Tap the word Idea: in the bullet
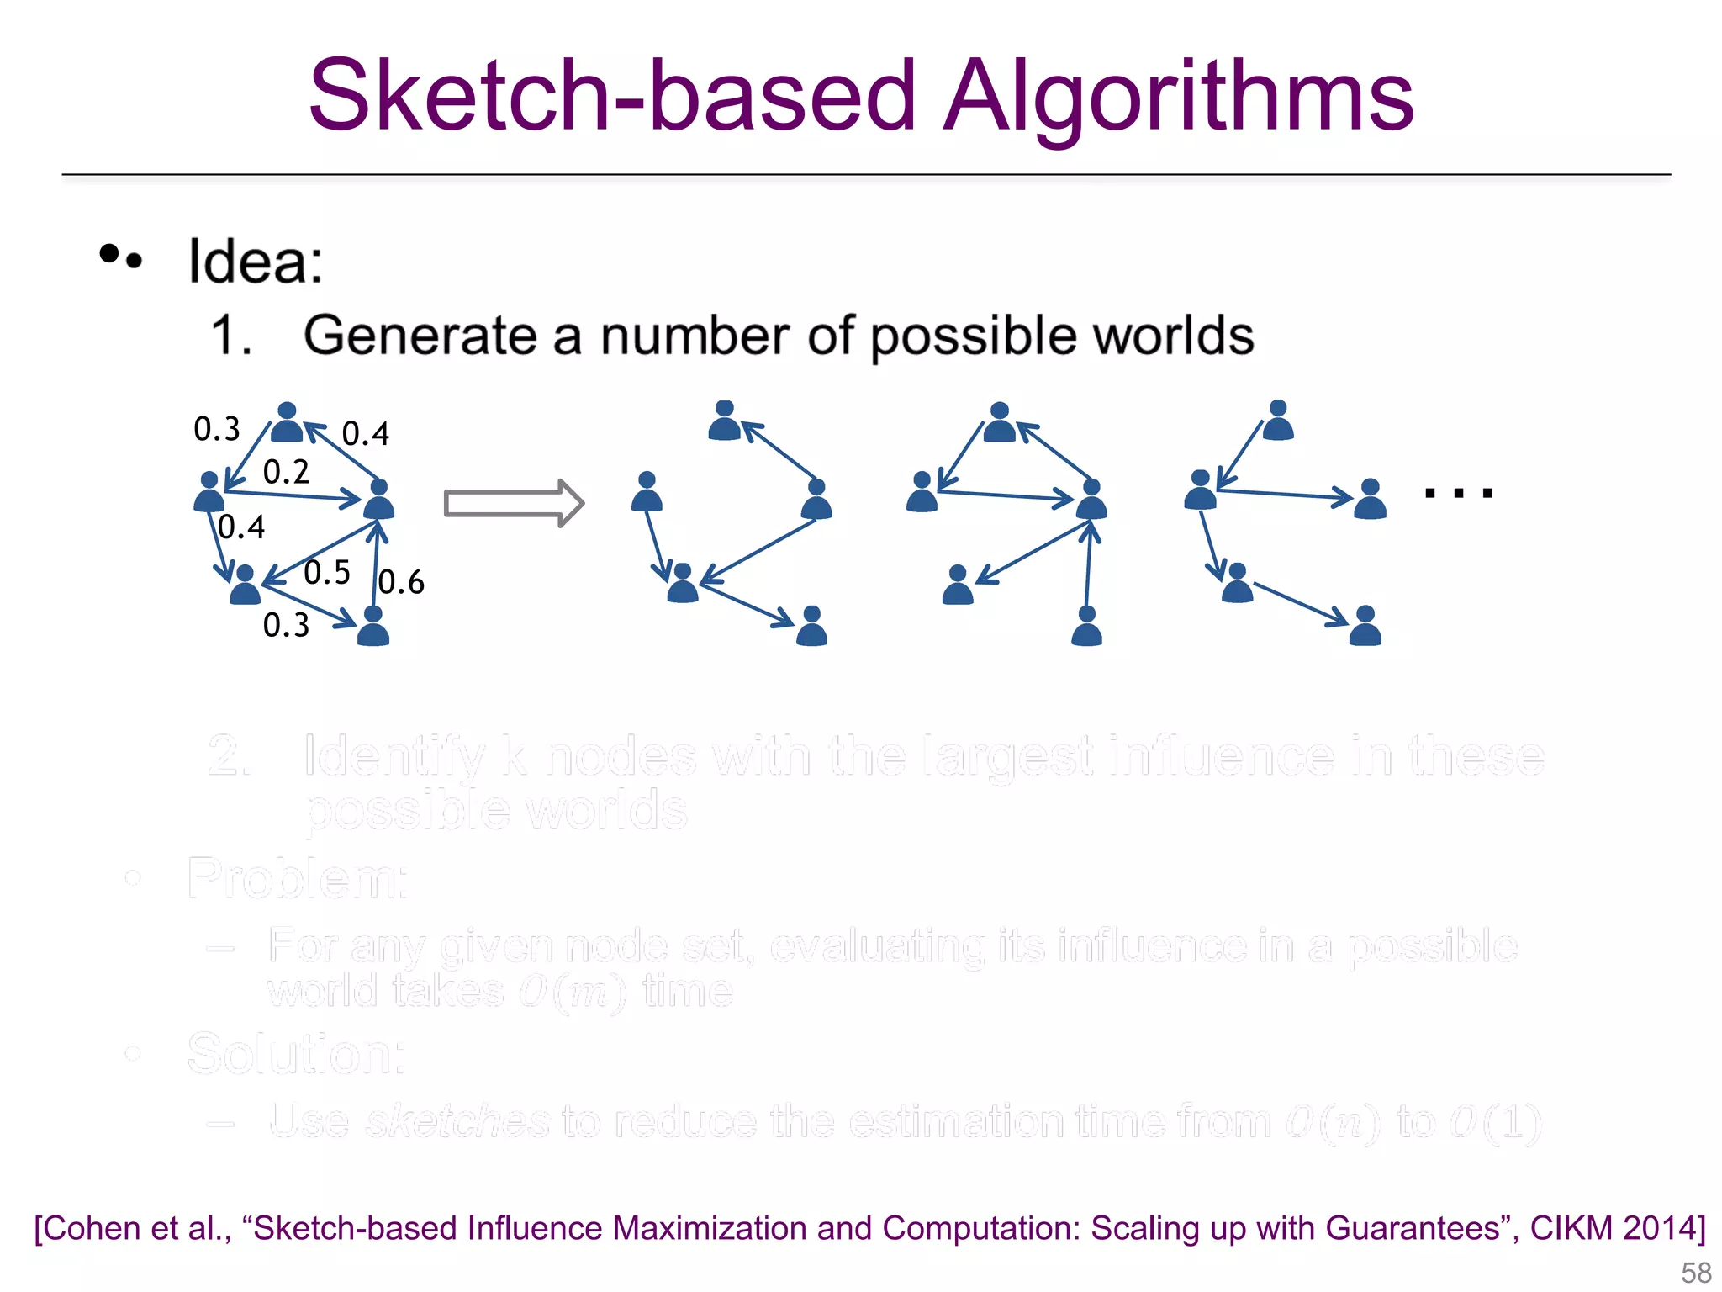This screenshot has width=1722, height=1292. [x=255, y=262]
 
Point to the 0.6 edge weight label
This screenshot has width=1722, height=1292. [x=401, y=582]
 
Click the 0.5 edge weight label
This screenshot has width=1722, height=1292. [x=326, y=573]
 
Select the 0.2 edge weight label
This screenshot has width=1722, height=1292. [x=286, y=472]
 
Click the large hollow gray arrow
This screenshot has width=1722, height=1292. [x=513, y=503]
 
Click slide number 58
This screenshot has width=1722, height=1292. [x=1696, y=1273]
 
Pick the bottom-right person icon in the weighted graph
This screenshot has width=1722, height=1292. [x=373, y=627]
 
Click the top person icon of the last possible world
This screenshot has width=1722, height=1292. [x=1278, y=421]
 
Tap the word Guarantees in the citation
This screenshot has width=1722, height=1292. [x=1421, y=1228]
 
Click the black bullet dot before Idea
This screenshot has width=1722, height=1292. [x=110, y=253]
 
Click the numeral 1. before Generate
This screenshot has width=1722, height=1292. [x=231, y=336]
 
